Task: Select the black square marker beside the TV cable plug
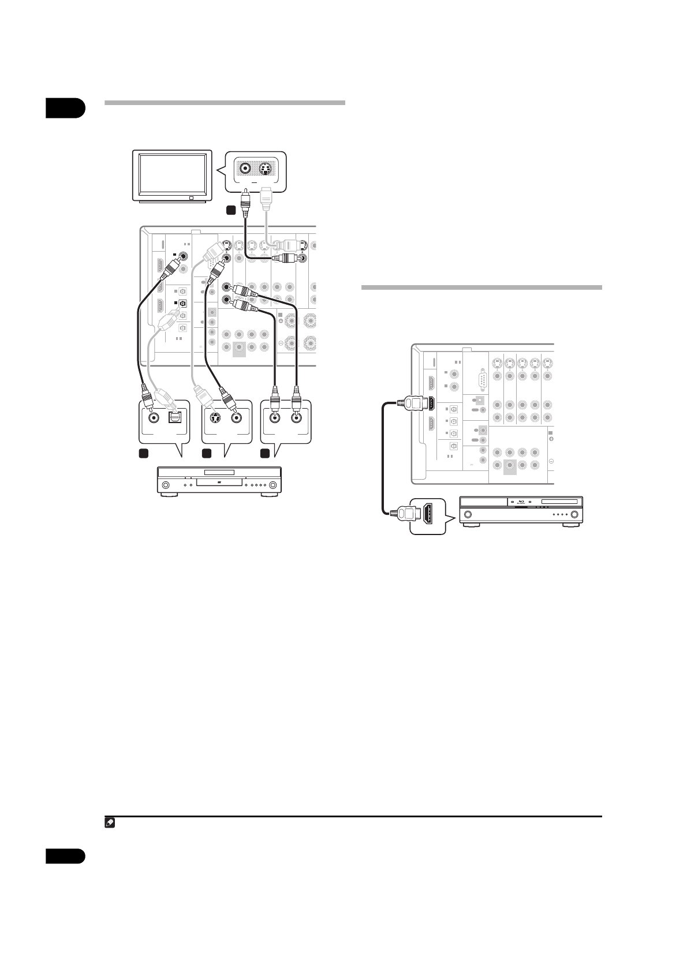(230, 211)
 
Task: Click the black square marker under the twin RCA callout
(264, 454)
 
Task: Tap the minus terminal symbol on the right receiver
(551, 462)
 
